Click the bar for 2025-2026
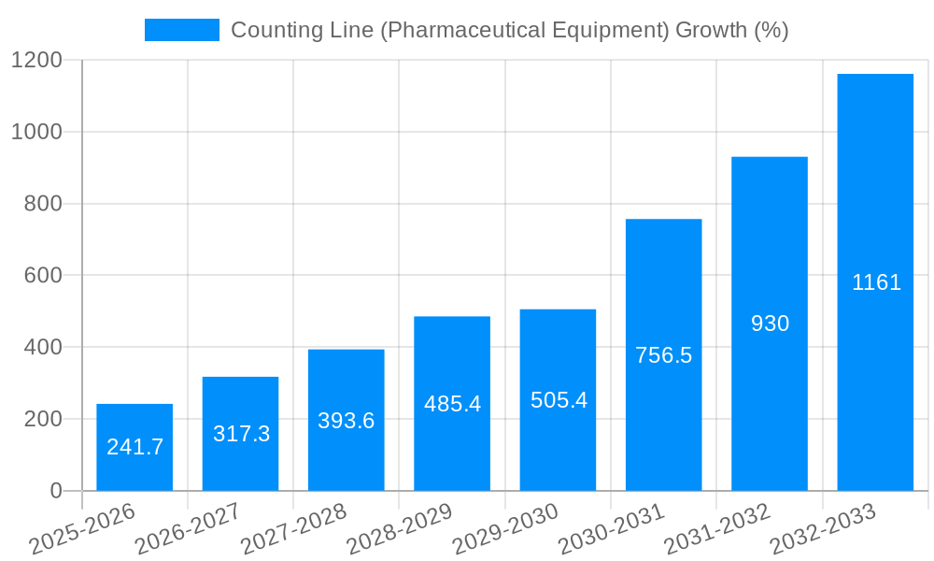coord(134,447)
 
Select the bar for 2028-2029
coord(452,403)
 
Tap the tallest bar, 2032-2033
coord(875,281)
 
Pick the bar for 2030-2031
coord(663,354)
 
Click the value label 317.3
coord(241,434)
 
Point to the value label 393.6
coord(347,421)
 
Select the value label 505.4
coord(559,400)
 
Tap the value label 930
coord(770,324)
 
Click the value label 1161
coord(876,282)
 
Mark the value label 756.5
coord(663,355)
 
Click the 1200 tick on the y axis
coord(36,61)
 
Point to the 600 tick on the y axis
coord(42,276)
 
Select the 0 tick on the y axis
coord(55,491)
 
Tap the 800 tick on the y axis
coord(42,204)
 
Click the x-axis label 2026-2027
coord(188,529)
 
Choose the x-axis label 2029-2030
coord(505,529)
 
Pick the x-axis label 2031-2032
coord(716,529)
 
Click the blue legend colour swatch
coord(181,30)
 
